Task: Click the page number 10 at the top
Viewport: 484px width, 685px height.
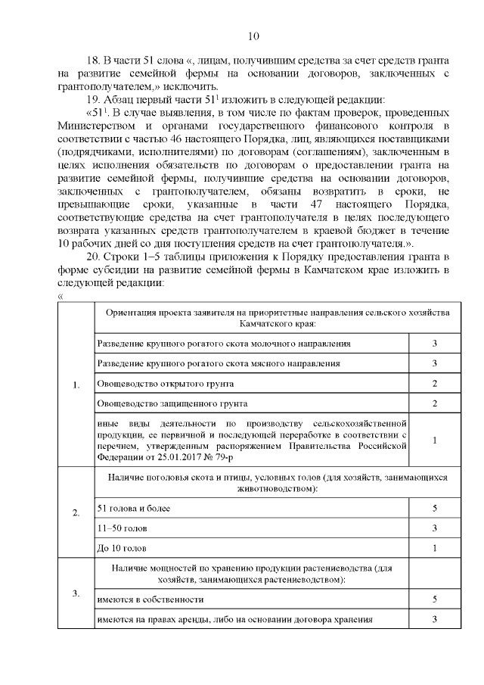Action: click(x=253, y=37)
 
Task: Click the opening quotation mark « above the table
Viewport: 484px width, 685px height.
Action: click(x=60, y=296)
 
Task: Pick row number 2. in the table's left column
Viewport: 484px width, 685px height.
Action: click(x=76, y=513)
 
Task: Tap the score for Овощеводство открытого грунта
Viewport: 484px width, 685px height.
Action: click(x=435, y=384)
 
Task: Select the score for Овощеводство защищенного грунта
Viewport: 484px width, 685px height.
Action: click(x=435, y=403)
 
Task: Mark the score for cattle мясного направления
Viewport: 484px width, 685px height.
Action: click(x=435, y=363)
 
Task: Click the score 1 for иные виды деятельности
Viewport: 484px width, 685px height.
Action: click(x=435, y=440)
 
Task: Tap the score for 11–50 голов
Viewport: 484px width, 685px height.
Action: click(x=435, y=528)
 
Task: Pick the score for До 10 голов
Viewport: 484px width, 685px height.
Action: click(x=435, y=547)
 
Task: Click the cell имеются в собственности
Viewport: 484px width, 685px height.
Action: click(x=151, y=599)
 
